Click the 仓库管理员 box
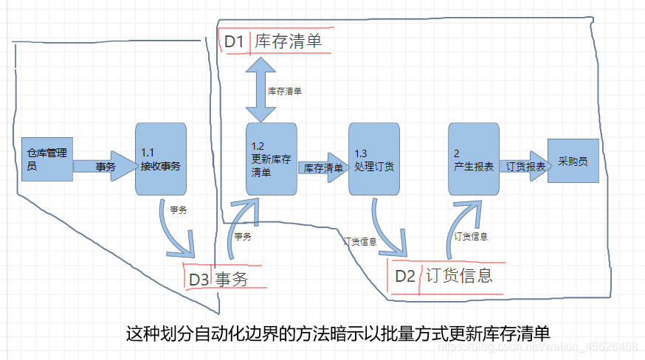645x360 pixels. pos(46,159)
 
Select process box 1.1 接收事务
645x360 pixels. pos(160,159)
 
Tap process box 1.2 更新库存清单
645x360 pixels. pos(271,159)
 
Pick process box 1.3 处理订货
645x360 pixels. pos(374,159)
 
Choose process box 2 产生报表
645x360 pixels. pos(474,159)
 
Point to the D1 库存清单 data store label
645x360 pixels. pos(274,42)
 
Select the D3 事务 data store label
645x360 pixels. pos(218,278)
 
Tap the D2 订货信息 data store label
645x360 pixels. pos(443,277)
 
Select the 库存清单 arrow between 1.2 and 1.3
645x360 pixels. pos(323,167)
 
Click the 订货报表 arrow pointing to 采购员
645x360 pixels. pos(525,167)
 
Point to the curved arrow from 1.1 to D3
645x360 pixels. pos(178,232)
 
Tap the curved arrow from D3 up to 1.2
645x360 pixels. pos(241,229)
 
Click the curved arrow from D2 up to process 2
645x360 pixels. pos(462,225)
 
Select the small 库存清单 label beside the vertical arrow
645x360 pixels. pos(284,91)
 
